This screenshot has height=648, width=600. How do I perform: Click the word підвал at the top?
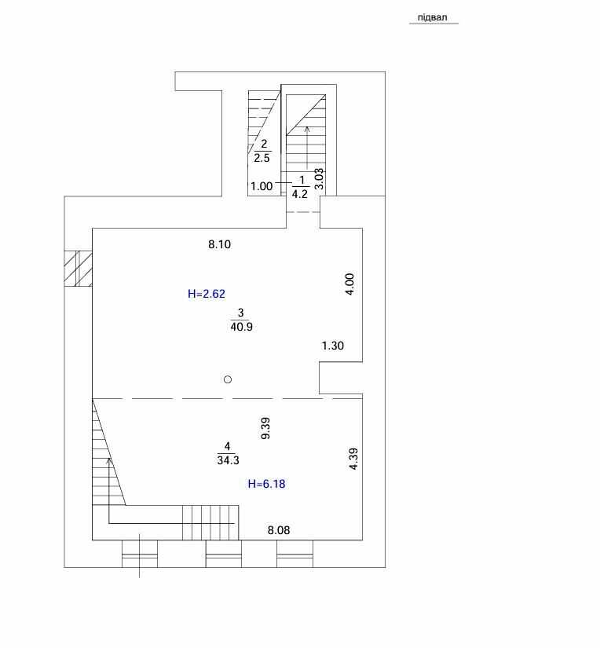(432, 18)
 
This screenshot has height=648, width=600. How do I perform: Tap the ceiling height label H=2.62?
(207, 294)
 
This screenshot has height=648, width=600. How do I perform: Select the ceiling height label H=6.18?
(266, 484)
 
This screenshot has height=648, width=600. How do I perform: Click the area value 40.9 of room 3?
(242, 327)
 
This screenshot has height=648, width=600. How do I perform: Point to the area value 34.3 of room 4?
(228, 460)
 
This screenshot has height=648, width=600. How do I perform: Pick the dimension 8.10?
(219, 244)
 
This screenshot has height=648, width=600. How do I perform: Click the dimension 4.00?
(349, 284)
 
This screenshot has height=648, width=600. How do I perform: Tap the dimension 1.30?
(333, 346)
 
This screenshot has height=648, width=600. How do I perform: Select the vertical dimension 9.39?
(265, 428)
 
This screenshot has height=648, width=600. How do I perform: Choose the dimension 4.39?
(353, 459)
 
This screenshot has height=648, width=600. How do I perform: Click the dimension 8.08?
(279, 530)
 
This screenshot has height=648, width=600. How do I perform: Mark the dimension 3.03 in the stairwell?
(319, 178)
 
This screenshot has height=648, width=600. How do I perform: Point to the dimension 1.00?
(262, 186)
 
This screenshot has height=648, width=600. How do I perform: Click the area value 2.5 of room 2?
(262, 158)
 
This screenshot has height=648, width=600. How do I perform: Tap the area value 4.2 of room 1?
(299, 194)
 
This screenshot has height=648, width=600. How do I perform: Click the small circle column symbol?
(228, 379)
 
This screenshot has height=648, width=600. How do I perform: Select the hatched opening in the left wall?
(78, 268)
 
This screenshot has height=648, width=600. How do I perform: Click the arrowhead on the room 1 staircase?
(306, 129)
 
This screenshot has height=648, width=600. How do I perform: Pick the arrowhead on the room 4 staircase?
(108, 461)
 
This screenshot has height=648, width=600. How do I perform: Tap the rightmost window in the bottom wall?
(295, 554)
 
